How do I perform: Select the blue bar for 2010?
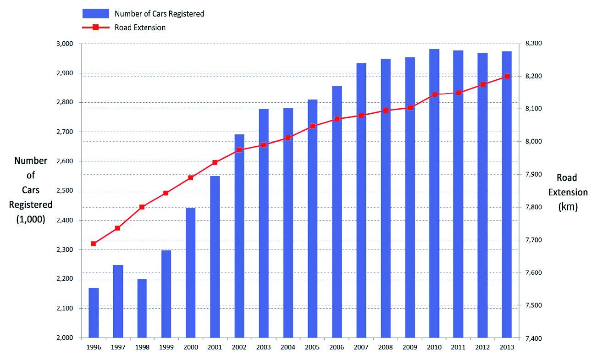point(434,193)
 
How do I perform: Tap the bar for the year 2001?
point(215,257)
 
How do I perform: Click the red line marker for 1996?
point(94,244)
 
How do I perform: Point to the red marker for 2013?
point(507,77)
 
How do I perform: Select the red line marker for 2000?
point(191,177)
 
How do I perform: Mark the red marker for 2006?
point(337,119)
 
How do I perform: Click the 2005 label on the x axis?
point(312,347)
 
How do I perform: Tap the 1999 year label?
point(166,347)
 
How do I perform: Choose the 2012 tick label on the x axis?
point(483,347)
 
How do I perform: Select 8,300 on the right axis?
point(533,44)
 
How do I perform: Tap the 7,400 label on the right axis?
point(533,338)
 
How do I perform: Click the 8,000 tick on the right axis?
point(533,142)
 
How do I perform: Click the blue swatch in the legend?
point(95,13)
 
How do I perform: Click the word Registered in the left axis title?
point(31,205)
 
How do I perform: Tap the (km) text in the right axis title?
point(568,207)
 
